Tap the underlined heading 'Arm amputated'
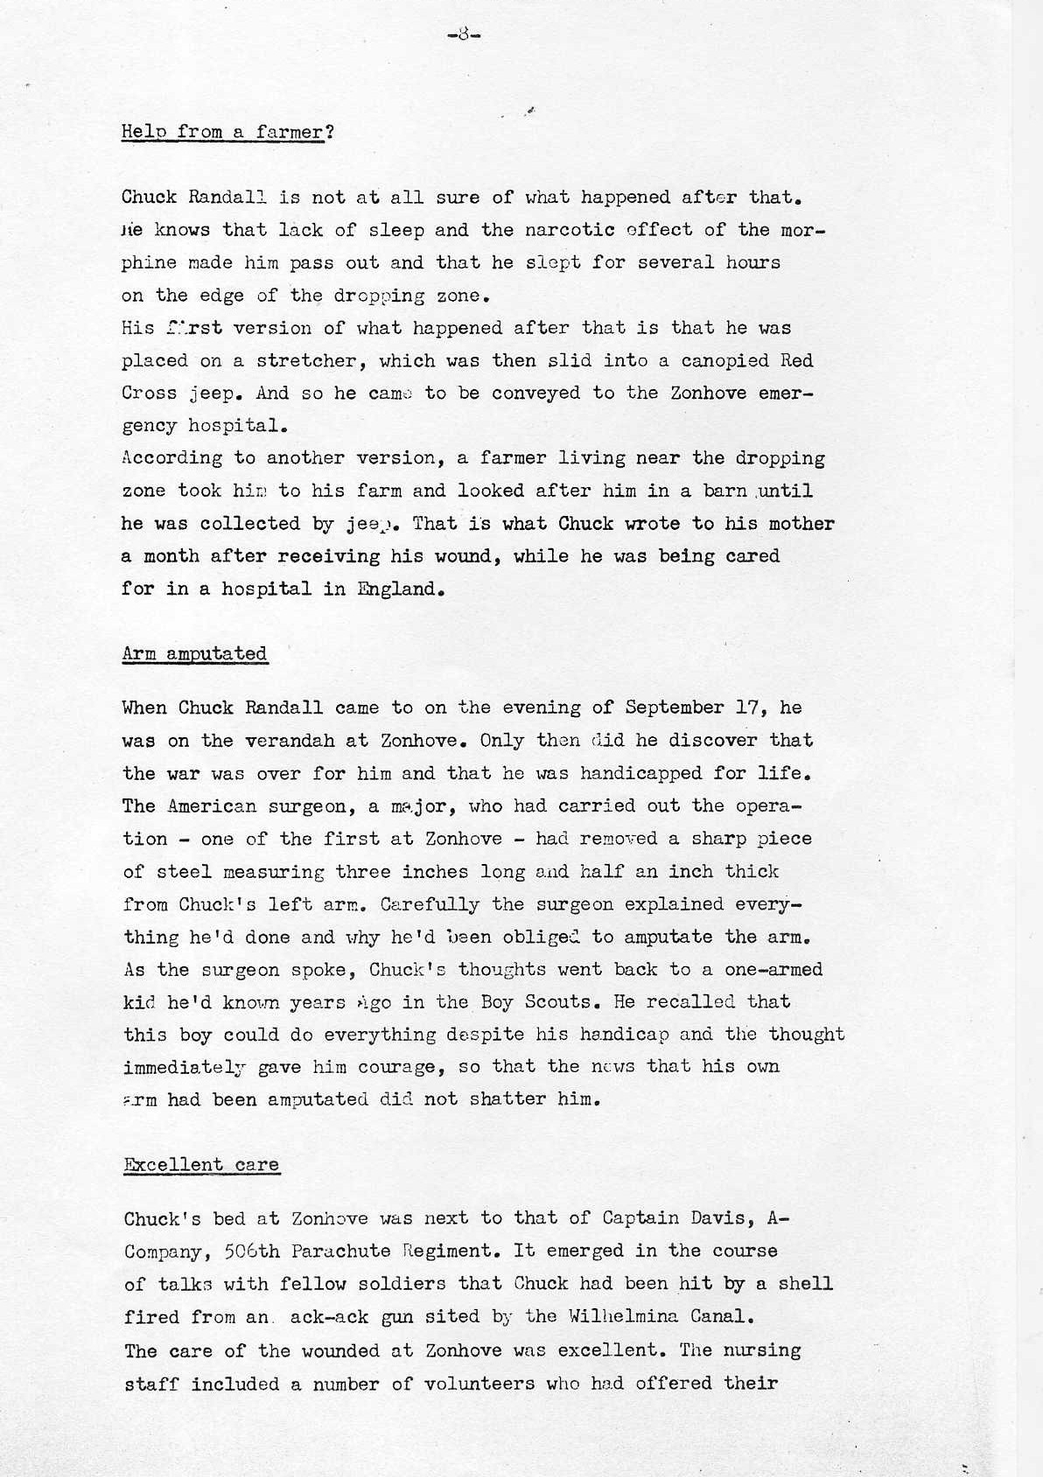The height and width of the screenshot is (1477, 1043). (x=195, y=653)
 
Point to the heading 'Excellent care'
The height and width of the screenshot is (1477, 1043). (x=202, y=1164)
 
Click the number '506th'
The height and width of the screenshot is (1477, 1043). (x=252, y=1251)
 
